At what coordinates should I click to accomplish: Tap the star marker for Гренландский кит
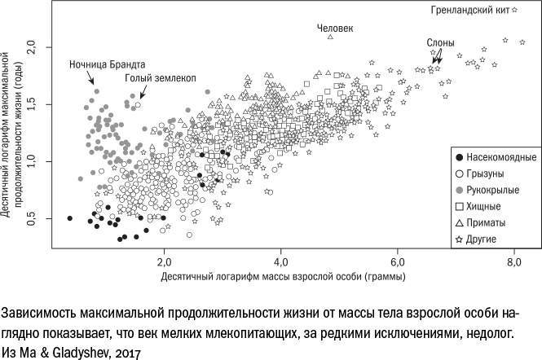515,10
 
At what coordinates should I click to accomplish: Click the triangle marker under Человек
331,37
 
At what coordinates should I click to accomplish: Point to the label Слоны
441,41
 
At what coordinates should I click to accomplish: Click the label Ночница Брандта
108,64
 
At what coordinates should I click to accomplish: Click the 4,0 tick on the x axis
280,261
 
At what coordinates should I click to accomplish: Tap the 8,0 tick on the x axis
514,261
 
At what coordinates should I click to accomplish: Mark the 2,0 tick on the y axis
33,46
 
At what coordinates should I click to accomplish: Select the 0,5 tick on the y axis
33,218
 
